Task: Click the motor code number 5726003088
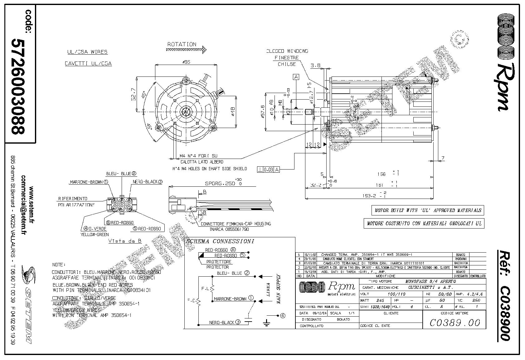click(18, 86)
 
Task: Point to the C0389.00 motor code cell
click(455, 322)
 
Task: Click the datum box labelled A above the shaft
click(296, 77)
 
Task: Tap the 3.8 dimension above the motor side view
click(315, 66)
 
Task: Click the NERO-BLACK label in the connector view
click(148, 182)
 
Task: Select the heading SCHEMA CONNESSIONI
click(220, 241)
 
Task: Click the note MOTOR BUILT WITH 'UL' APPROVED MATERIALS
click(428, 210)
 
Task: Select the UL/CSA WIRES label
click(87, 52)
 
